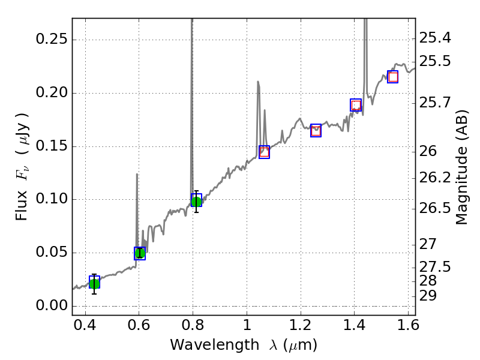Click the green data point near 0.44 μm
coord(94,283)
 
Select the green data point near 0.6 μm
coord(140,253)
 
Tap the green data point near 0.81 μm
coord(196,201)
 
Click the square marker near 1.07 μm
coord(264,152)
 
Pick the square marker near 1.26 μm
coord(316,130)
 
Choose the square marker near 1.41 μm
coord(356,105)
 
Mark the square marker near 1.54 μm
coord(393,77)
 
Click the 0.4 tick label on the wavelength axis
coord(86,328)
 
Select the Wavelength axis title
coord(243,345)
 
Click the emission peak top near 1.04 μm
coord(258,82)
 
